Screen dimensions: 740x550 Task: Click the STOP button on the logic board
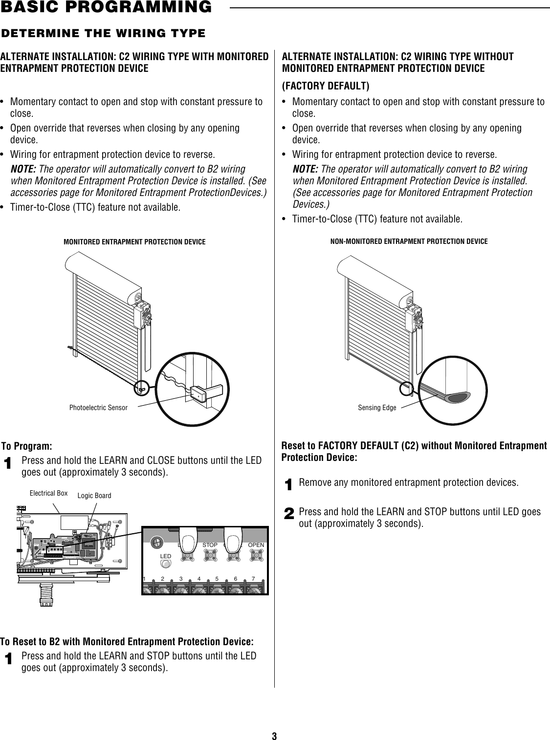pyautogui.click(x=211, y=556)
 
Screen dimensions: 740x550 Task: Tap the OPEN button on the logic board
pyautogui.click(x=256, y=556)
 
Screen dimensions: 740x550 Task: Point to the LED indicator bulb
pyautogui.click(x=166, y=564)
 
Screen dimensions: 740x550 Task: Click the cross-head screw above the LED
pyautogui.click(x=156, y=542)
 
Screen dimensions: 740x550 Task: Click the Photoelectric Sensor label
pyautogui.click(x=98, y=407)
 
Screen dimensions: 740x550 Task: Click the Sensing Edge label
pyautogui.click(x=376, y=407)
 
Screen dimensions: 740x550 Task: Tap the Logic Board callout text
pyautogui.click(x=95, y=496)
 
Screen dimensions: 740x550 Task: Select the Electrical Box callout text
pyautogui.click(x=48, y=493)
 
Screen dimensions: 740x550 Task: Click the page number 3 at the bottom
pyautogui.click(x=274, y=722)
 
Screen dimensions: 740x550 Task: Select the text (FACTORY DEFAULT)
pyautogui.click(x=326, y=87)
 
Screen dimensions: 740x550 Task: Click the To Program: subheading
pyautogui.click(x=26, y=446)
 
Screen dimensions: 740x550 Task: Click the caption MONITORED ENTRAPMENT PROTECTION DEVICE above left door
pyautogui.click(x=134, y=241)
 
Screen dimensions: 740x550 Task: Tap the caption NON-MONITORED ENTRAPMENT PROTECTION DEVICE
pyautogui.click(x=409, y=241)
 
